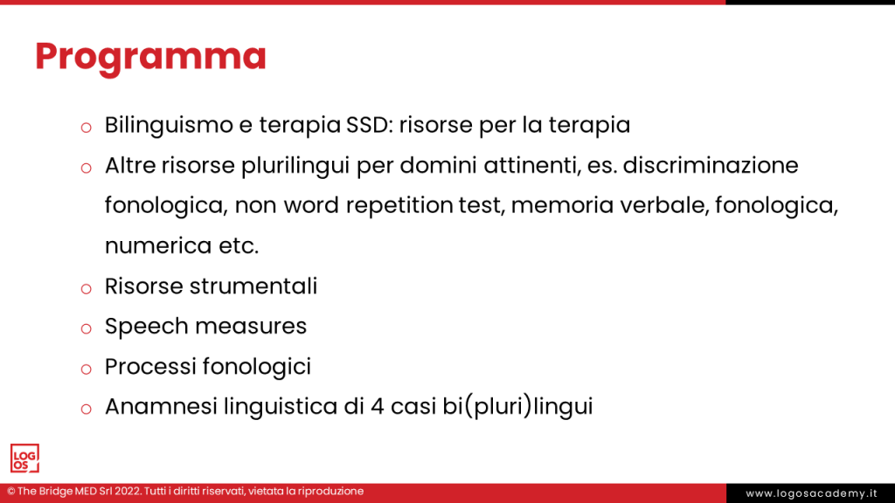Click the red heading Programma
(x=150, y=57)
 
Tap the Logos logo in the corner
(x=24, y=458)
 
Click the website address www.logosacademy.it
(x=810, y=493)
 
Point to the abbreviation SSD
(x=367, y=125)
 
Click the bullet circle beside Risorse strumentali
(x=86, y=288)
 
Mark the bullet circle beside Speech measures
(x=86, y=328)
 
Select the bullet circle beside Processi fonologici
(x=86, y=369)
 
